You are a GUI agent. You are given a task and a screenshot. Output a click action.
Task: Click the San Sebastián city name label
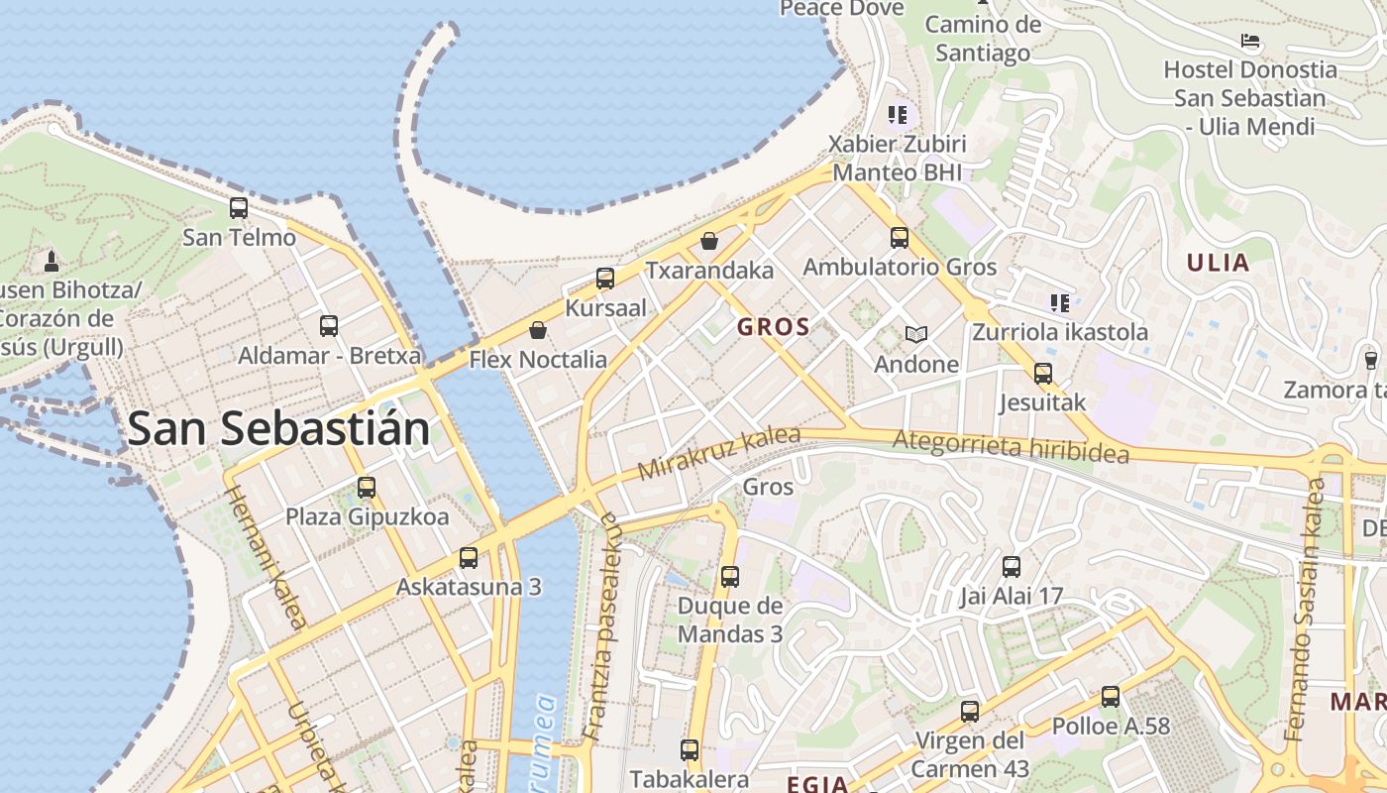[x=278, y=429]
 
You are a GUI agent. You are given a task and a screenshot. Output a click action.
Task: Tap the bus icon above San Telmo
[x=239, y=208]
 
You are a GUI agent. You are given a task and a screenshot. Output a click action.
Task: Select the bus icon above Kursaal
[x=605, y=279]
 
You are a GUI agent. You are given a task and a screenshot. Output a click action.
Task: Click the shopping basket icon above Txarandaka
[x=709, y=240]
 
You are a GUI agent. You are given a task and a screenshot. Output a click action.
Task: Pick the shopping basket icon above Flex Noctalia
[x=538, y=329]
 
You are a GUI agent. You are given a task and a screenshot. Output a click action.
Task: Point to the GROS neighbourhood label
[x=774, y=326]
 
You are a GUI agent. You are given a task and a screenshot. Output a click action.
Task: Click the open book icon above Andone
[x=916, y=335]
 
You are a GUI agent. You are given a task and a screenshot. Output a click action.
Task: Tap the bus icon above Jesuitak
[x=1042, y=374]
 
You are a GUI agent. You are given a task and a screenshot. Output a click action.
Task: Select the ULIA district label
[x=1218, y=263]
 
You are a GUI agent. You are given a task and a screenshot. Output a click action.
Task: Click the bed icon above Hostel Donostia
[x=1250, y=41]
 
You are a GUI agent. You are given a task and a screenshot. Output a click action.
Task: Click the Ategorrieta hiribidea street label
[x=1011, y=446]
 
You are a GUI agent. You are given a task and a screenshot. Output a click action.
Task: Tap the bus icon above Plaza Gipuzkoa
[x=367, y=488]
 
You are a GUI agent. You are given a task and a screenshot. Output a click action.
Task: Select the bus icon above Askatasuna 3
[x=469, y=558]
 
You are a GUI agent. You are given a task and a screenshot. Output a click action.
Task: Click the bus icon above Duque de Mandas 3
[x=730, y=576]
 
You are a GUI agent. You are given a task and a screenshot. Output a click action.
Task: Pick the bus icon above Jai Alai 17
[x=1011, y=567]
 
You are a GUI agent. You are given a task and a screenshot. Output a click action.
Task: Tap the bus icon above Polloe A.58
[x=1111, y=697]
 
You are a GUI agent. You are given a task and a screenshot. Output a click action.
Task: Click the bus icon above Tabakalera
[x=690, y=750]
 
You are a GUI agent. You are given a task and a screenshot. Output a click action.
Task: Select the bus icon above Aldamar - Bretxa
[x=329, y=325]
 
